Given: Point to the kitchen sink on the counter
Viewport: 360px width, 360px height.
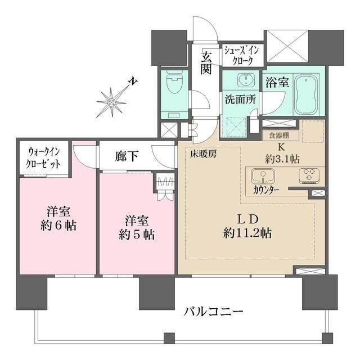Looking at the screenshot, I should [x=260, y=175].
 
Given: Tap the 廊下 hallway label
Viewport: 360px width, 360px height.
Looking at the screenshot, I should [x=128, y=156].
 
